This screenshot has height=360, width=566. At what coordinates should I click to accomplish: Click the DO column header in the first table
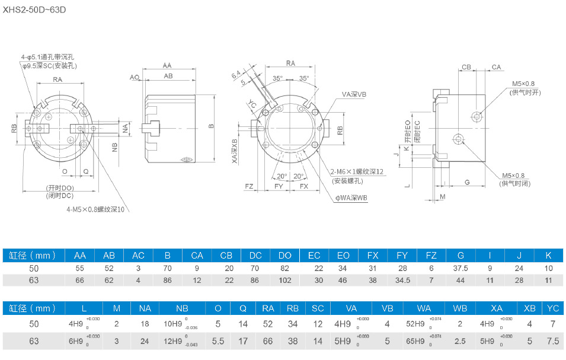tap(285, 256)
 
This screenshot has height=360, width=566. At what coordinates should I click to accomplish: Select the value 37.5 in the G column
tap(461, 269)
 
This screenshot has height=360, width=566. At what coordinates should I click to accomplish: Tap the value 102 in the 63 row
tap(285, 280)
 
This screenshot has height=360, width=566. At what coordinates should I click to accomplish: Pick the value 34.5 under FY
tap(402, 280)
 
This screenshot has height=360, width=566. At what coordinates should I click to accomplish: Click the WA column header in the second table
tap(424, 308)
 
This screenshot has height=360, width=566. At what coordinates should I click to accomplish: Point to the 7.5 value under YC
tap(553, 341)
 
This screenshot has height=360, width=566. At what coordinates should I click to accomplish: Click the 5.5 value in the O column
tap(218, 341)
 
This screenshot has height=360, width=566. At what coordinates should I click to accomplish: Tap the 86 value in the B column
tap(168, 280)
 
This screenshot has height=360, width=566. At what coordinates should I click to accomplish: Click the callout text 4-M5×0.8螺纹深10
tap(98, 209)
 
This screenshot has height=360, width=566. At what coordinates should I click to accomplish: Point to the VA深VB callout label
tap(354, 94)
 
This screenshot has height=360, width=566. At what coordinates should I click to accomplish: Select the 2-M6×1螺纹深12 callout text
tap(357, 171)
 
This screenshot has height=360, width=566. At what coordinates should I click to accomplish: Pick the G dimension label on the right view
tap(467, 181)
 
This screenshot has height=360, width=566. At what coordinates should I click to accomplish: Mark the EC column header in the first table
tap(314, 256)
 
